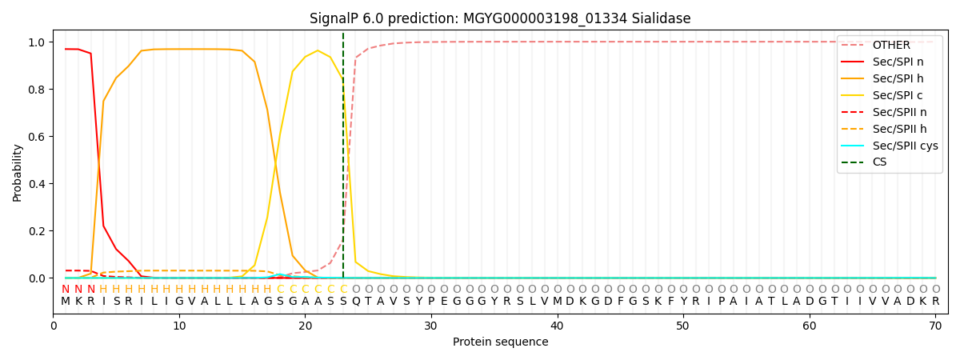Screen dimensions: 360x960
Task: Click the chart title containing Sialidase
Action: point(500,18)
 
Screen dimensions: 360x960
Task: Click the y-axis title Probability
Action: point(18,172)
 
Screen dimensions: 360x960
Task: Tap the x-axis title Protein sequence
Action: point(500,342)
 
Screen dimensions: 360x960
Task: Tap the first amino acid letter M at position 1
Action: point(66,302)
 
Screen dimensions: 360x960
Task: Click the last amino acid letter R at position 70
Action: point(935,302)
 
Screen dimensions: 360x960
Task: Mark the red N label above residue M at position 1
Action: point(66,290)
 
